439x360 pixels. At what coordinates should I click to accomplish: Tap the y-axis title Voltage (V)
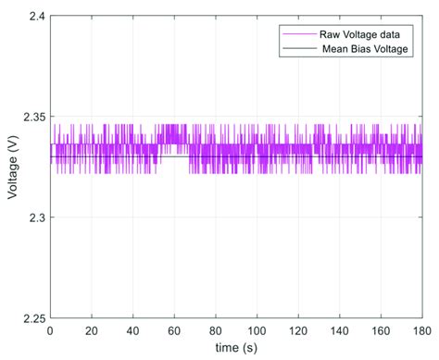pyautogui.click(x=12, y=168)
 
